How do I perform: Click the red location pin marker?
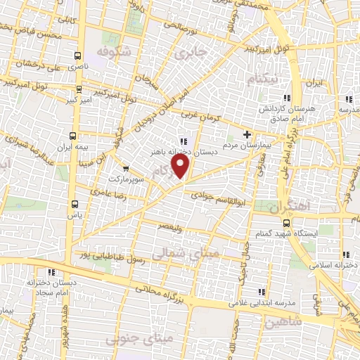182,166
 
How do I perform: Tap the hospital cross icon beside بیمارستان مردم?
247,134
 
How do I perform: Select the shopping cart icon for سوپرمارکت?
126,168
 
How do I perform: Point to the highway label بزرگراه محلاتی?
162,294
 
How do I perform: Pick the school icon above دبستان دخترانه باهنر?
184,139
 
